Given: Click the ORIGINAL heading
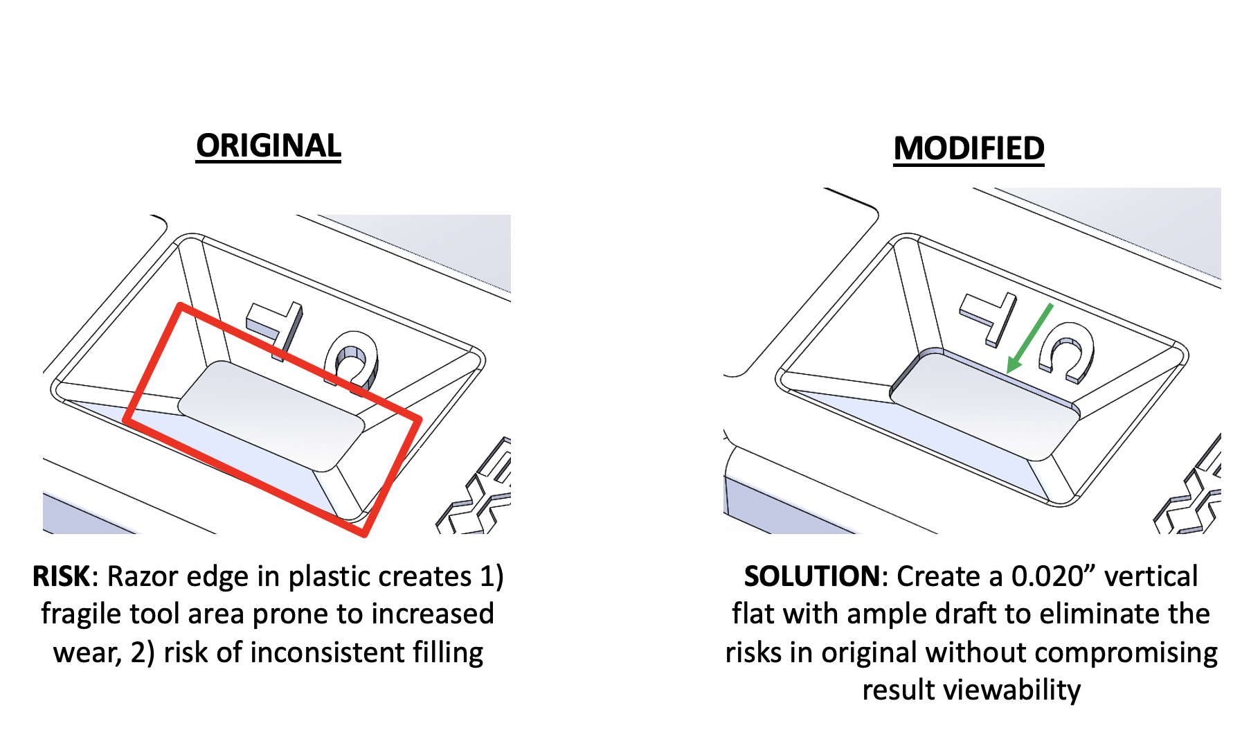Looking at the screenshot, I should tap(268, 146).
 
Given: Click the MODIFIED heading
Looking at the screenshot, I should tap(969, 149).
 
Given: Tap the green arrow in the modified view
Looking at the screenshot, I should tap(1029, 337).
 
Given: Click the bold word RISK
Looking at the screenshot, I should tap(61, 576).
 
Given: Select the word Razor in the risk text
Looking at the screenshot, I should tap(143, 576).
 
